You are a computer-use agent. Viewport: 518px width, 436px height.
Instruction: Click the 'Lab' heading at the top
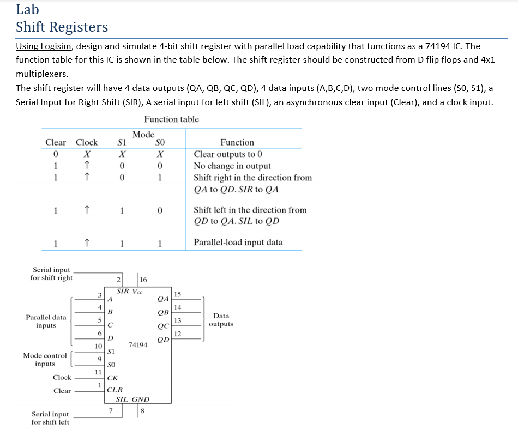tap(27, 9)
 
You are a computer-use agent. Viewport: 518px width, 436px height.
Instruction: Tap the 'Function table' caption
tap(171, 119)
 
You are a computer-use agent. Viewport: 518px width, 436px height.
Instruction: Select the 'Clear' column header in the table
tap(56, 142)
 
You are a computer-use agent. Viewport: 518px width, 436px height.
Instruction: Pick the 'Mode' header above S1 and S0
tap(143, 134)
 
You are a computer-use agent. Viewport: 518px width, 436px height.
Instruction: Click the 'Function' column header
tap(237, 142)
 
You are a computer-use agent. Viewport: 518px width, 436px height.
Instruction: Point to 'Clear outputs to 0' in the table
tap(228, 154)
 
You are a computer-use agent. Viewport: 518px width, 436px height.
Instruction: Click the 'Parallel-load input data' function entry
tap(238, 243)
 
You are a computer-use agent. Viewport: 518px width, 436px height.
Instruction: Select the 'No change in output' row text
tap(232, 166)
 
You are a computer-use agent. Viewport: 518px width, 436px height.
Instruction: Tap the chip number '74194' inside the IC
tap(137, 344)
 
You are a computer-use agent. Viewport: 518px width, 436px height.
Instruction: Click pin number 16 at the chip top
tap(143, 280)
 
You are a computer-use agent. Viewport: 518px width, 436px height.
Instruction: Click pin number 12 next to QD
tap(177, 334)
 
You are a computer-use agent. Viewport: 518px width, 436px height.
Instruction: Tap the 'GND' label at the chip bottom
tap(141, 399)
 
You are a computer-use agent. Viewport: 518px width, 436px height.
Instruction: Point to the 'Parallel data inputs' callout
tap(46, 321)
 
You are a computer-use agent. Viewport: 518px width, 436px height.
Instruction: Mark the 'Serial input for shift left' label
tap(50, 418)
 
